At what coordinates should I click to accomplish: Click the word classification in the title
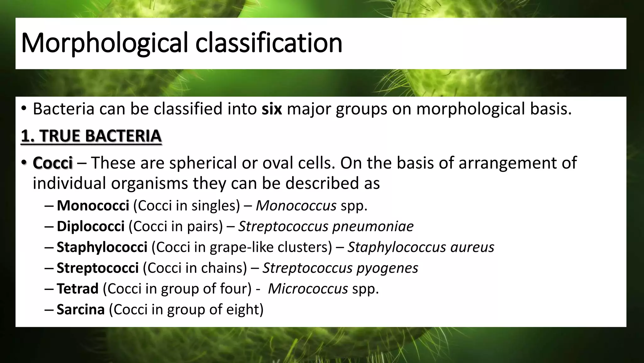point(269,43)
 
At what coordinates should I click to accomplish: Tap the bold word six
point(272,109)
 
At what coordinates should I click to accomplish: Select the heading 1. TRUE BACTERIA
point(91,136)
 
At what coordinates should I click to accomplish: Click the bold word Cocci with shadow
point(53,163)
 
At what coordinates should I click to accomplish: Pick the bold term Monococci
point(93,206)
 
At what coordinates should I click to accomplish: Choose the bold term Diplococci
point(91,227)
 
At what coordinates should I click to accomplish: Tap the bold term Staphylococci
point(102,247)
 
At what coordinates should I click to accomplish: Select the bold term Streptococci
point(97,268)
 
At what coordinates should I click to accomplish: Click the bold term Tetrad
point(77,289)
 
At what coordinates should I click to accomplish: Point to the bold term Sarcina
point(80,310)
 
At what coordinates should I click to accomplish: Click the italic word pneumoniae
point(373,227)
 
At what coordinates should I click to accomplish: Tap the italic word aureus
point(472,247)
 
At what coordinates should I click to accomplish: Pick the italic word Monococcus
point(296,206)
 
